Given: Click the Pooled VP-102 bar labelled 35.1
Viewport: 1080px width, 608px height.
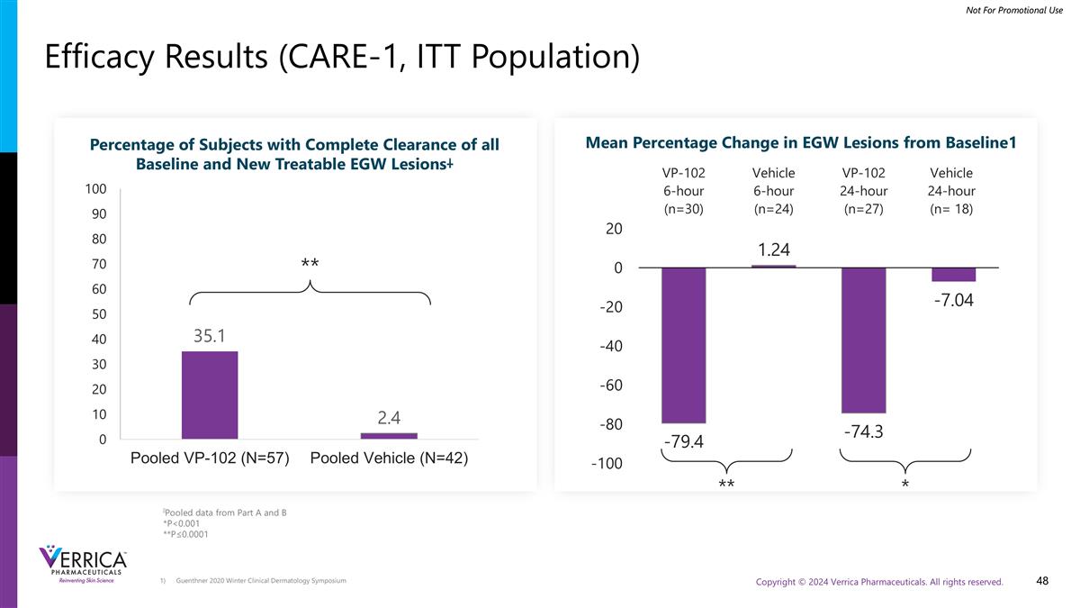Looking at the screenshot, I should tap(210, 395).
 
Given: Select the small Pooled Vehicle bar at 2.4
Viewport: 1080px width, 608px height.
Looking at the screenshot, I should tap(389, 436).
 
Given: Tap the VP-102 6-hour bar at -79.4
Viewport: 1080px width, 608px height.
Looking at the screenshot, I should tap(684, 345).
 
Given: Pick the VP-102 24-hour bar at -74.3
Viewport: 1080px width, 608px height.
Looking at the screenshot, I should tap(864, 340).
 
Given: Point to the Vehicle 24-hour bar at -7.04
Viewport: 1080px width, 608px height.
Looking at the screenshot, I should tap(953, 275).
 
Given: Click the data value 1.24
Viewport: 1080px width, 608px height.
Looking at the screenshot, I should tap(773, 250).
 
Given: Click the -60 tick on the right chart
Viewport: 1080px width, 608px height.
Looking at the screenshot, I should tap(613, 386).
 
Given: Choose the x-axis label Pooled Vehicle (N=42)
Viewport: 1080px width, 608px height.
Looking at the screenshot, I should tap(389, 458).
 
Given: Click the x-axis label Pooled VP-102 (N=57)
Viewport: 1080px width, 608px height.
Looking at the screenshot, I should tap(210, 458).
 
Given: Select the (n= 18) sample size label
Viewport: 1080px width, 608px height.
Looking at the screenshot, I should tap(951, 209).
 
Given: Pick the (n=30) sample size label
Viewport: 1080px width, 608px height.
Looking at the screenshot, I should tap(683, 209).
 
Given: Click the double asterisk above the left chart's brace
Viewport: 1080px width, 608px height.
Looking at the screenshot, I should tap(310, 263).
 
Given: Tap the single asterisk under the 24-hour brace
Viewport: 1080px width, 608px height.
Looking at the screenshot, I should tap(904, 485).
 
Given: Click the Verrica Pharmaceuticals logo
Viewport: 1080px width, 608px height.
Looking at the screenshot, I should tap(84, 565).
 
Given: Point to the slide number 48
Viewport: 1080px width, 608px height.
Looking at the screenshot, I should tap(1042, 581).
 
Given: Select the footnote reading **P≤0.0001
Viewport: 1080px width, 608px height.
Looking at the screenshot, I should tap(185, 533).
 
